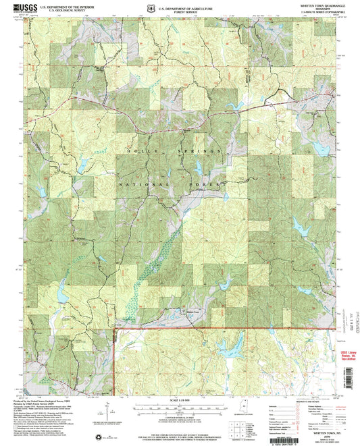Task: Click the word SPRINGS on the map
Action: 186,149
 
